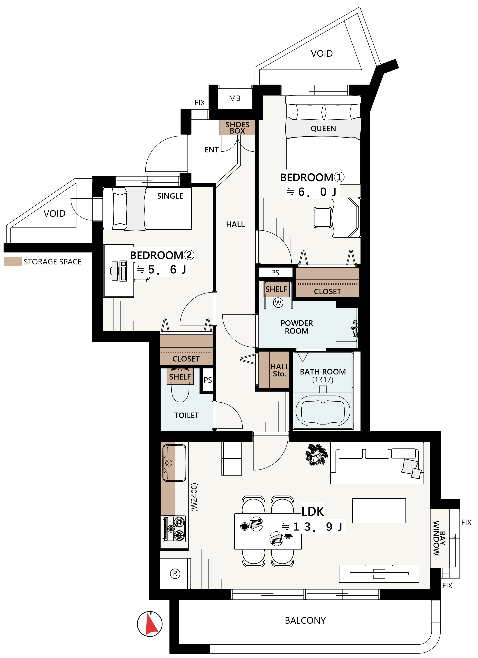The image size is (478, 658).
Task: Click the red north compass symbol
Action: click(x=150, y=624)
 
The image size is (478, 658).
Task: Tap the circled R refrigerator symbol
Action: click(x=175, y=574)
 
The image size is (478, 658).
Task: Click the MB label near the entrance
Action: click(x=235, y=98)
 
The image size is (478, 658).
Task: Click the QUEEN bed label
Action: click(x=323, y=129)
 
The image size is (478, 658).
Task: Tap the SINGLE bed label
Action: click(x=170, y=196)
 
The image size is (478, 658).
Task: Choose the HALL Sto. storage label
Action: click(x=279, y=370)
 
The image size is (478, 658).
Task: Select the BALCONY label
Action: click(x=305, y=621)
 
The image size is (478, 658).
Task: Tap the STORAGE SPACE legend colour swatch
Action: click(x=13, y=261)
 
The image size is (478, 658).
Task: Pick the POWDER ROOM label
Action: click(x=297, y=327)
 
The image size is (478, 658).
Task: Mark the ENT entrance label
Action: click(x=211, y=150)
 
